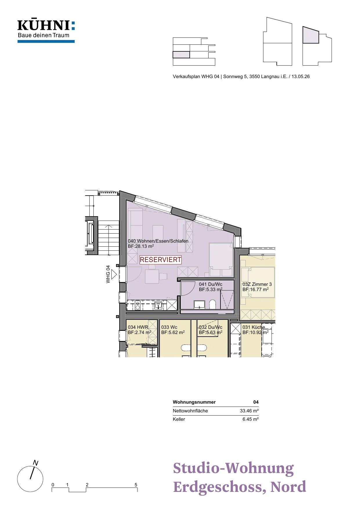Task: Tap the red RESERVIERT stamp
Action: (x=160, y=260)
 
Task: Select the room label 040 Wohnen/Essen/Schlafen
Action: (x=158, y=241)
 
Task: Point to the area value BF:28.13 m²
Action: (x=141, y=246)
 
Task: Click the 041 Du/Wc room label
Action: (x=211, y=284)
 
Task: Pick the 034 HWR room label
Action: (x=138, y=327)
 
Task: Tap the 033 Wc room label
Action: (x=169, y=327)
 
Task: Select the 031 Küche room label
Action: (x=254, y=327)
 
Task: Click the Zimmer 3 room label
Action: (x=257, y=284)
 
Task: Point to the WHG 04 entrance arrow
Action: (x=114, y=274)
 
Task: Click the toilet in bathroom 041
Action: (x=213, y=304)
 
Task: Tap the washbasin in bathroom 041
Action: (x=199, y=304)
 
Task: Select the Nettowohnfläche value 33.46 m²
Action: (x=249, y=411)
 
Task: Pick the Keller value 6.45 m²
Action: (x=251, y=419)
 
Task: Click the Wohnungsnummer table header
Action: (x=194, y=402)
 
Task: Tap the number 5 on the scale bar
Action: (x=136, y=485)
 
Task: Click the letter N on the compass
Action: (x=36, y=463)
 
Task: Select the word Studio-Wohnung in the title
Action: (x=233, y=468)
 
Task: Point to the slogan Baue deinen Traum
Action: (x=44, y=35)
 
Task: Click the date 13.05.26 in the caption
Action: (x=301, y=77)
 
